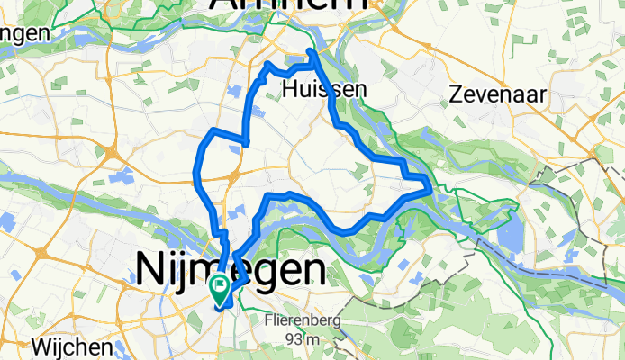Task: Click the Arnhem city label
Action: click(x=288, y=7)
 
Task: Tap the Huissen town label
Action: click(x=324, y=89)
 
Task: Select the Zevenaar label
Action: click(x=496, y=94)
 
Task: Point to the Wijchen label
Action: click(x=75, y=346)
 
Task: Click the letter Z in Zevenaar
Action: click(x=457, y=94)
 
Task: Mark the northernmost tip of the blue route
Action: click(x=312, y=51)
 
